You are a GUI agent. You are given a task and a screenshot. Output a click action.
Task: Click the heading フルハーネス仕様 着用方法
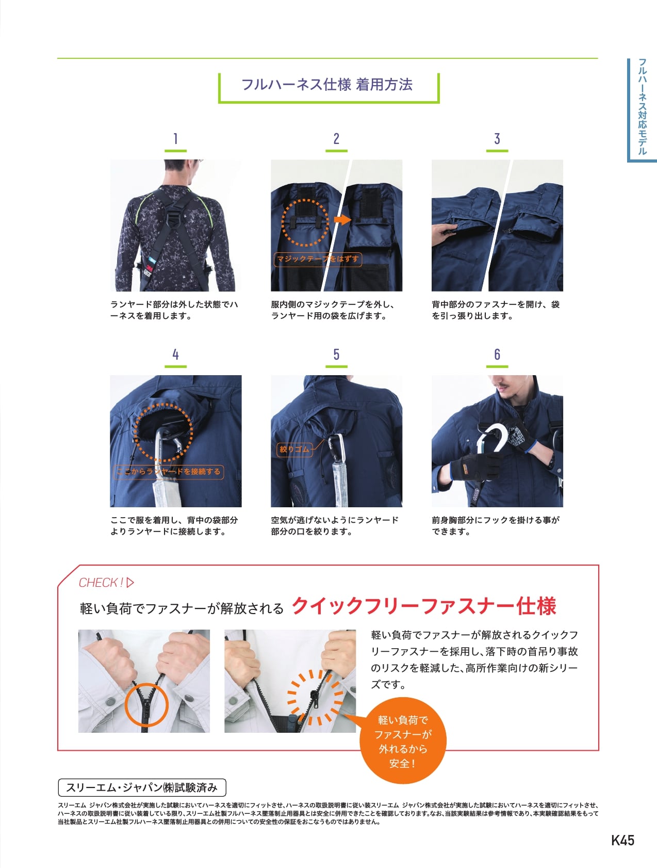[x=327, y=84]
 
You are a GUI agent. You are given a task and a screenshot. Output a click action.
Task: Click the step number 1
[x=175, y=138]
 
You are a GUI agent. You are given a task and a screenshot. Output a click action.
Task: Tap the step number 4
[x=175, y=354]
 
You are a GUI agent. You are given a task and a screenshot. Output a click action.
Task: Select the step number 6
[x=497, y=354]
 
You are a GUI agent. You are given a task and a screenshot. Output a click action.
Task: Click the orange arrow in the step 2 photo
[x=342, y=219]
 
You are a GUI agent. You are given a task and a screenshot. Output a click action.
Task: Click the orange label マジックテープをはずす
[x=318, y=259]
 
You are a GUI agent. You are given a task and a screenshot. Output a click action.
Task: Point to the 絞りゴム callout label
[x=294, y=449]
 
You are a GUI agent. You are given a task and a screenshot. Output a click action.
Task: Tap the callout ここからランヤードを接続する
[x=169, y=471]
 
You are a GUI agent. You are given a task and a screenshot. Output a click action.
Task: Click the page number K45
[x=622, y=840]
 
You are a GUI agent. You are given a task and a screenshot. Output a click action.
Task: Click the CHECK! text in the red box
[x=101, y=583]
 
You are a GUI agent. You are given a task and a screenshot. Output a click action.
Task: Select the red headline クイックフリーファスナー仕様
[x=424, y=606]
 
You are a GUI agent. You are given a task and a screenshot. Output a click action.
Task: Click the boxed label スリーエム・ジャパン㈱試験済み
[x=142, y=787]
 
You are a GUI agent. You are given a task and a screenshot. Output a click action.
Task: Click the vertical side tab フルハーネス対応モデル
[x=642, y=107]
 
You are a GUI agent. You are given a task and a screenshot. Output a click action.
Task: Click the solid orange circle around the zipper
[x=147, y=705]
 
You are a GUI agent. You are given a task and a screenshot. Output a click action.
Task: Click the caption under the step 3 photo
[x=496, y=310]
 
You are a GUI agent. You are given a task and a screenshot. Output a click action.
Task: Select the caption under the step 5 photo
[x=335, y=526]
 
